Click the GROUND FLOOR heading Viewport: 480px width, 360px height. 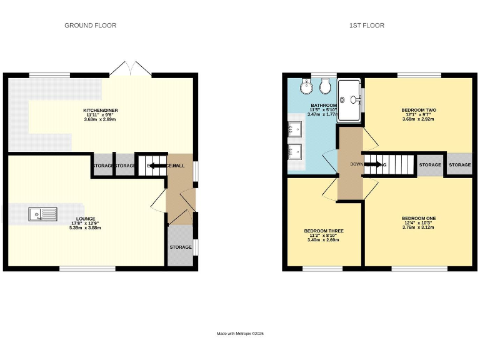click(91, 26)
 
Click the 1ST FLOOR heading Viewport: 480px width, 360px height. click(367, 26)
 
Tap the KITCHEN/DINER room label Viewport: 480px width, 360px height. click(101, 111)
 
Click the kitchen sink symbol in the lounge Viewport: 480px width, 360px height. click(42, 215)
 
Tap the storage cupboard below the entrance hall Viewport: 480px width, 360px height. click(181, 247)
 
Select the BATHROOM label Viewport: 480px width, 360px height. click(324, 106)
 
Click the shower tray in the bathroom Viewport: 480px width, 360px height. click(351, 98)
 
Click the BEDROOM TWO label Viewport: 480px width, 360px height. click(419, 110)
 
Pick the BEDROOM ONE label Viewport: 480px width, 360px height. click(419, 218)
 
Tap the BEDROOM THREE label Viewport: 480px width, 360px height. click(324, 231)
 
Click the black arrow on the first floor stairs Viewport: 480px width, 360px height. click(372, 165)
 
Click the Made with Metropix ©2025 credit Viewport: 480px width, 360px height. click(241, 334)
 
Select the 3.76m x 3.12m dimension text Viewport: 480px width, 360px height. click(419, 227)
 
